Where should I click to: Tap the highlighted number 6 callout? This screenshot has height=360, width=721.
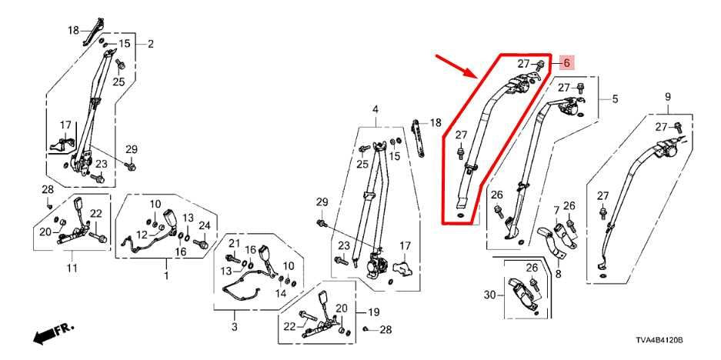coord(566,63)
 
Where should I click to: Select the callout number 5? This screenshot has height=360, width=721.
coord(615,98)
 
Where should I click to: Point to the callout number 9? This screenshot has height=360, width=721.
coord(668,96)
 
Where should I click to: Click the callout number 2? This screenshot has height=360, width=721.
coord(150,43)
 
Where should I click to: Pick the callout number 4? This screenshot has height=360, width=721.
coord(376,109)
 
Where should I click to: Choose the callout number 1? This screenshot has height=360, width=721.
coord(166,273)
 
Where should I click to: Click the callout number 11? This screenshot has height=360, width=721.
coord(72,268)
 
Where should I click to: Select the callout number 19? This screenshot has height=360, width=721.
coord(374,312)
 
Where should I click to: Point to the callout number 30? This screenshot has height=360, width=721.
coord(490,295)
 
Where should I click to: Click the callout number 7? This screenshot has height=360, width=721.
coord(556,209)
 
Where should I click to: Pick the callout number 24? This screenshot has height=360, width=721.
coord(204,225)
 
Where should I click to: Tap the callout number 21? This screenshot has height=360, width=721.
coord(232,244)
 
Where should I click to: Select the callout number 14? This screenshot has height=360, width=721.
coord(282,294)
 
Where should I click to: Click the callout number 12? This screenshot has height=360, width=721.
coord(142,235)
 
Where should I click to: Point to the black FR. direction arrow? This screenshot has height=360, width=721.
coord(52,333)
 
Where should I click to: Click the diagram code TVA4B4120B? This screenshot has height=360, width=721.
coord(660,339)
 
